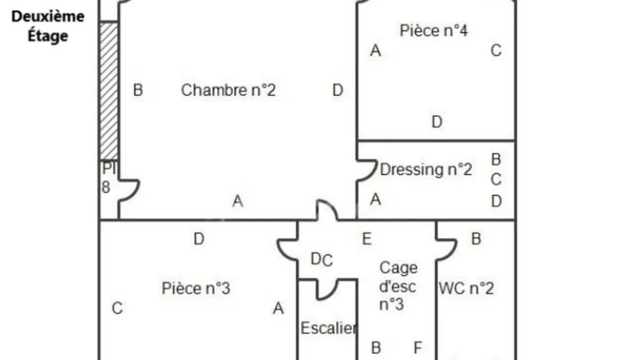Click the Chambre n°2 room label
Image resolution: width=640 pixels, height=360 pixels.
pos(228,90)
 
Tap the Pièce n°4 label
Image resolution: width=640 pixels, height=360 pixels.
pos(434,30)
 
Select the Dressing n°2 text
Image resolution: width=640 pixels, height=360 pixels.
pos(426,170)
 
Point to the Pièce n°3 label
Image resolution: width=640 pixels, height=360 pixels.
pos(196,288)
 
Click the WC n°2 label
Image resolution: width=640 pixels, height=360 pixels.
pos(466,289)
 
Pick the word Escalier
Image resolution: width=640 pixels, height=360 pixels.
pos(329,328)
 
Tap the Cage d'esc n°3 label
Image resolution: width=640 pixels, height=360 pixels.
pos(398,286)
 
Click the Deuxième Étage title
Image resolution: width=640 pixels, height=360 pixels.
pos(48,26)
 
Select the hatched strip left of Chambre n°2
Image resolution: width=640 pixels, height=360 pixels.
pos(109,91)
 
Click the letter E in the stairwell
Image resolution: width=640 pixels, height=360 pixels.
pos(367,239)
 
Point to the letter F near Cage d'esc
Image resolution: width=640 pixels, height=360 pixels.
pos(418,348)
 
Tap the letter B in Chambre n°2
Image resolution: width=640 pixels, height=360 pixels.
pos(138,90)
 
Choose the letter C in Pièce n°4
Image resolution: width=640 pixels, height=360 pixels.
pos(496,51)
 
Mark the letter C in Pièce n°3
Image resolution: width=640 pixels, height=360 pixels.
pos(117,308)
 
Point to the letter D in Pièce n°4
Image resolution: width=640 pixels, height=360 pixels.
pos(437,122)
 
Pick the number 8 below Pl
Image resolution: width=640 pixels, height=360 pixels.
pos(106,187)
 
